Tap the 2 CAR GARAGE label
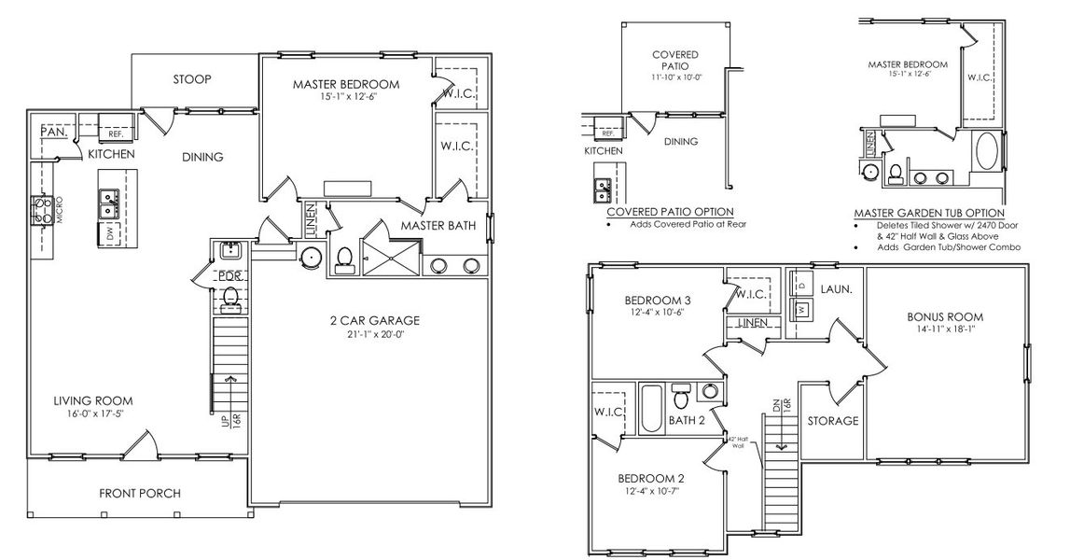click(x=372, y=320)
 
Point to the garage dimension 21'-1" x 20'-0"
click(x=372, y=334)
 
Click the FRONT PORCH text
click(x=140, y=493)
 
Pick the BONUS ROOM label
click(x=945, y=316)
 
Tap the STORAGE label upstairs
click(x=832, y=421)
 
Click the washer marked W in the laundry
click(x=801, y=308)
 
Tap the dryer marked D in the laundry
click(x=801, y=283)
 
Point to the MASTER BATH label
click(x=438, y=226)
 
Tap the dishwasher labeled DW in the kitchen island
click(x=109, y=233)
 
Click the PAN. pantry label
click(x=52, y=133)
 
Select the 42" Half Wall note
click(x=737, y=443)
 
